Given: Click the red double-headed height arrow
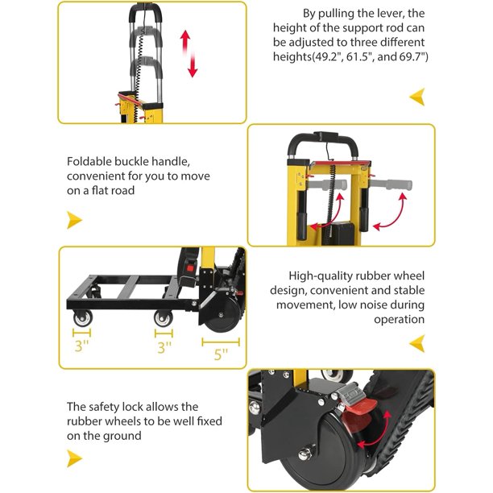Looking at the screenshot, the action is click(188, 54).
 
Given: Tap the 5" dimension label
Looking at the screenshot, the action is click(221, 354).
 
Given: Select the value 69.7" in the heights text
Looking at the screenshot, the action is click(412, 57).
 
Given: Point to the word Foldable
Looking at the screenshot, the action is click(89, 161).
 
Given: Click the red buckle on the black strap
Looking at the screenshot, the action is click(189, 268).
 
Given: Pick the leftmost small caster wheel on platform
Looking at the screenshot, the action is click(83, 318).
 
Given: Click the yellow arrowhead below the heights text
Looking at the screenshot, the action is click(417, 97).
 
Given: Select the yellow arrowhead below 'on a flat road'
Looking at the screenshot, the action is click(74, 220).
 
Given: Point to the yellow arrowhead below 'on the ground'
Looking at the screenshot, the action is click(74, 458).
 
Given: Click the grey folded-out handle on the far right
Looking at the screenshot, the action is click(391, 184).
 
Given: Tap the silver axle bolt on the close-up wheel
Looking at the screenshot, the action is click(304, 454).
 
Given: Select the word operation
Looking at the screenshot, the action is click(399, 320).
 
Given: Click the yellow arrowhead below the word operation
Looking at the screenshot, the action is click(417, 343).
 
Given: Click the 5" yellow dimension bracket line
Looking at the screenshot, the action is click(221, 342).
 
